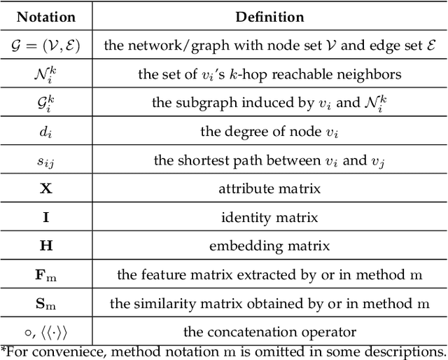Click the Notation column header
pyautogui.click(x=45, y=16)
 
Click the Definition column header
pyautogui.click(x=269, y=16)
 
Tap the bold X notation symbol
pyautogui.click(x=45, y=188)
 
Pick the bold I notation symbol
pyautogui.click(x=45, y=217)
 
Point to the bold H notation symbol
pyautogui.click(x=45, y=246)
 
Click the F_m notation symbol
pyautogui.click(x=45, y=275)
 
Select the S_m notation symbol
pyautogui.click(x=45, y=303)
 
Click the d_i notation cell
pyautogui.click(x=45, y=131)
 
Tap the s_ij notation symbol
pyautogui.click(x=45, y=160)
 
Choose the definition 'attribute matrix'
pyautogui.click(x=269, y=188)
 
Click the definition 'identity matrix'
pyautogui.click(x=269, y=217)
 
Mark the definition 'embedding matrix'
pyautogui.click(x=269, y=246)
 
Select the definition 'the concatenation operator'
pyautogui.click(x=269, y=332)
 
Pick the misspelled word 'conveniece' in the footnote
pyautogui.click(x=52, y=351)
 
